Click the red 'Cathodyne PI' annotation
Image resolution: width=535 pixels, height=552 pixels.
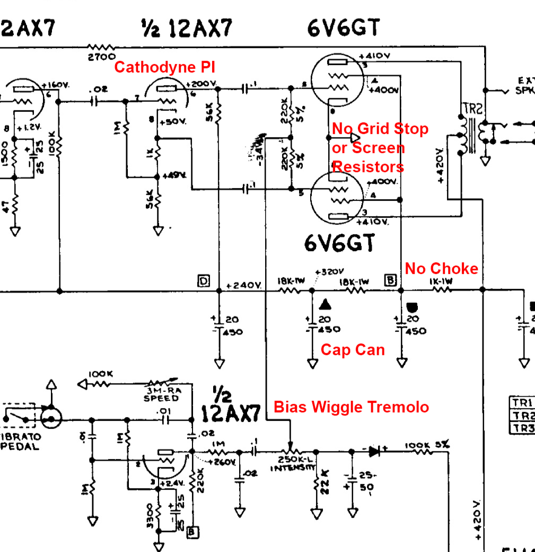(x=164, y=67)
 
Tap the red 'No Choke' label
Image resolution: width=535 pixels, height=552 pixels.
(x=441, y=269)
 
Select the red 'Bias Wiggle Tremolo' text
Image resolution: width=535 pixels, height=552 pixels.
(x=351, y=407)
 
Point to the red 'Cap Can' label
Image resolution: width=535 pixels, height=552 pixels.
(x=353, y=350)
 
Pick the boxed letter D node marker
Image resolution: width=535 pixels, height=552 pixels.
(x=204, y=281)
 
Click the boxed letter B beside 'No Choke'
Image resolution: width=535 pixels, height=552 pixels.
(x=391, y=279)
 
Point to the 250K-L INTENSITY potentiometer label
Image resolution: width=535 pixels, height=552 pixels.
(x=293, y=465)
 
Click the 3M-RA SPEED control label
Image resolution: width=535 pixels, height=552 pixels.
(x=161, y=395)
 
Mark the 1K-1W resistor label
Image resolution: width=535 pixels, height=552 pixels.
(x=442, y=281)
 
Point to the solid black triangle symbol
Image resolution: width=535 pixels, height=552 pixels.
(x=325, y=304)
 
